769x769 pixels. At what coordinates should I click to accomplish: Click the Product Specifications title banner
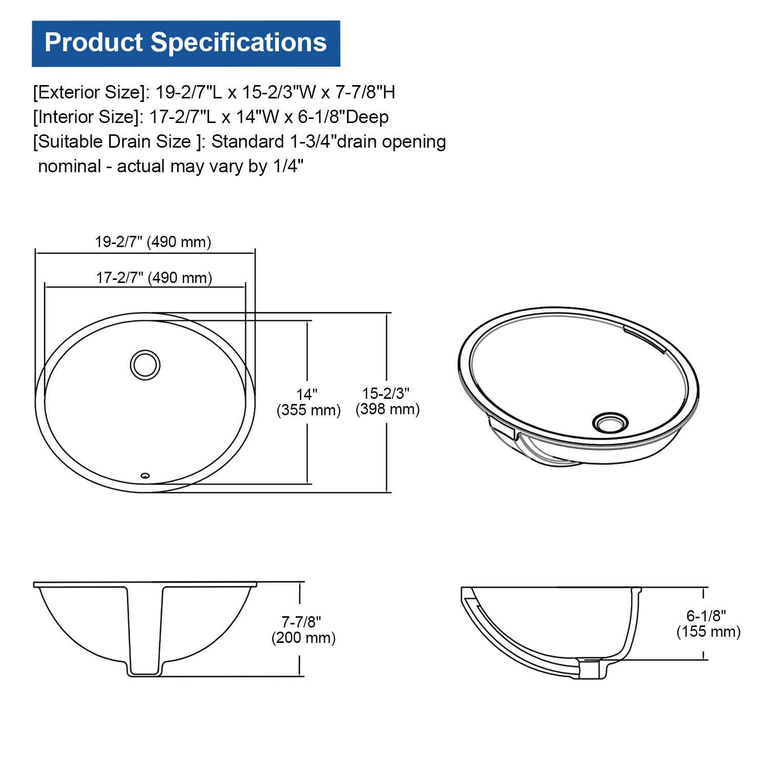point(186,44)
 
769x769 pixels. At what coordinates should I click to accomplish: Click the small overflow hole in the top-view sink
point(145,476)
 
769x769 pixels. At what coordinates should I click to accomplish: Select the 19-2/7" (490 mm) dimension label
point(153,242)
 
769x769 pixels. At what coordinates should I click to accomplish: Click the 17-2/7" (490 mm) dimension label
point(154,278)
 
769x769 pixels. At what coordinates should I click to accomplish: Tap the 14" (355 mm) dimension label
point(309,402)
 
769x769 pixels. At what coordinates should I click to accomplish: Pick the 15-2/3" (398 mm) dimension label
point(388,401)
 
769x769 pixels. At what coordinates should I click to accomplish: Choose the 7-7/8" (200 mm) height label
point(303,630)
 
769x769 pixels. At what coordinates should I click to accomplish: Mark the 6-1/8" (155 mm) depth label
point(709,624)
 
